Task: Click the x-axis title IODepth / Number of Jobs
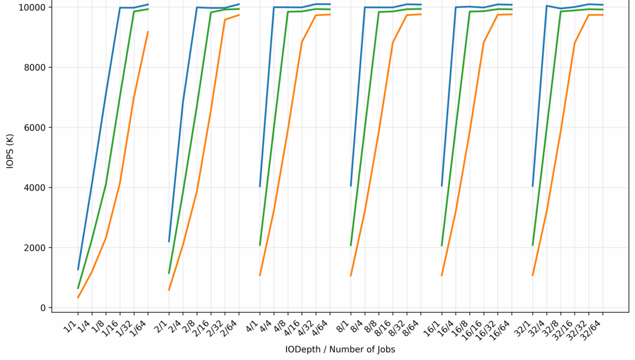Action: tap(340, 349)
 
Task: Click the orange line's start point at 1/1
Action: tap(78, 298)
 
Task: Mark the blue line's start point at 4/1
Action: tap(260, 186)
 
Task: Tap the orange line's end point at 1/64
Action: tap(148, 32)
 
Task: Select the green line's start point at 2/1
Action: tap(169, 273)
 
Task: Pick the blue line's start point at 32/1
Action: tap(532, 186)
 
